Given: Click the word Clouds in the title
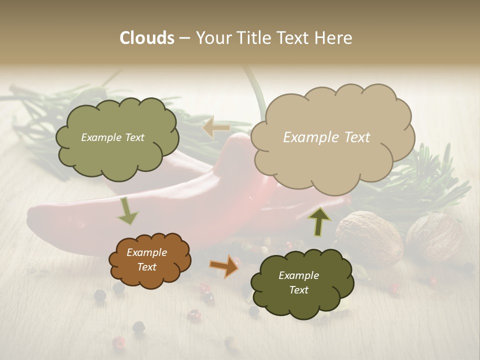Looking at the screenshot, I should point(146,38).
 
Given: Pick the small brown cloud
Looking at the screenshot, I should point(150,277).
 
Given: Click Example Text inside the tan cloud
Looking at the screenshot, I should point(326,137).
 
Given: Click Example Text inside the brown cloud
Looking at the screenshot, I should point(146,260).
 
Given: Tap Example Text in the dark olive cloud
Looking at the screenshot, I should point(298,282).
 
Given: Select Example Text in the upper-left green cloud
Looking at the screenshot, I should point(112,137).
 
